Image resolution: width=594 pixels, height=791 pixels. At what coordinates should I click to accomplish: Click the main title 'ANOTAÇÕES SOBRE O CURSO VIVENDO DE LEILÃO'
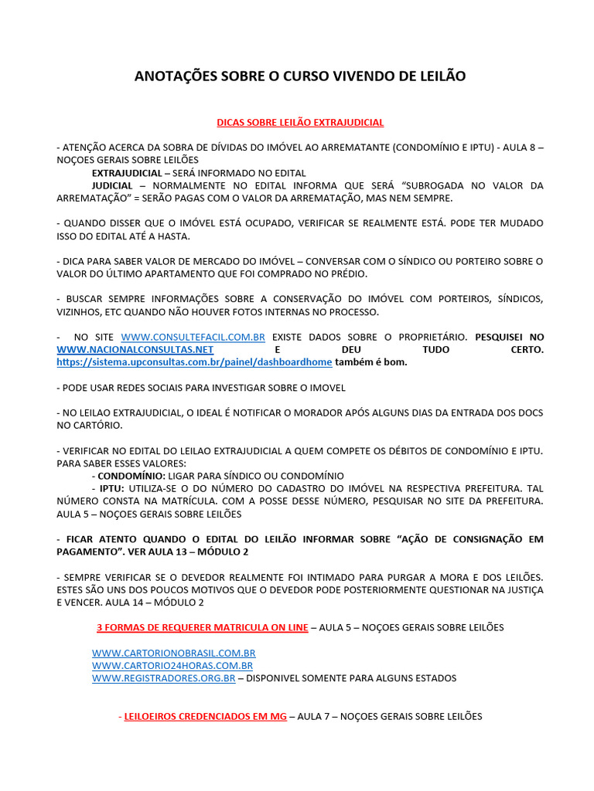click(300, 76)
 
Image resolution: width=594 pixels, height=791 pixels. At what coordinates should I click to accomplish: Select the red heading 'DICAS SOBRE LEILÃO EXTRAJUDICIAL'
click(300, 122)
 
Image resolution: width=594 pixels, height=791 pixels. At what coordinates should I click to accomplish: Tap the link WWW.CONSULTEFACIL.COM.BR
click(193, 338)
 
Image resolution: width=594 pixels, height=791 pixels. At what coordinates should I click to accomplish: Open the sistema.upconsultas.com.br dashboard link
click(194, 362)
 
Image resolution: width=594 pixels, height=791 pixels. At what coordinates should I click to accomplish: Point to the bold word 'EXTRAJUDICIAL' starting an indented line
click(127, 173)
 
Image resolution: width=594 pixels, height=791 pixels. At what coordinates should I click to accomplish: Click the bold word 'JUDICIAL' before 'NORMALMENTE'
click(113, 186)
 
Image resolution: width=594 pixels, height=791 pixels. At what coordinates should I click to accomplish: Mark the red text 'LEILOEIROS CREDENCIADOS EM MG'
click(205, 717)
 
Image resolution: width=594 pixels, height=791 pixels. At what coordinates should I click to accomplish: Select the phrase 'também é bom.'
click(370, 362)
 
